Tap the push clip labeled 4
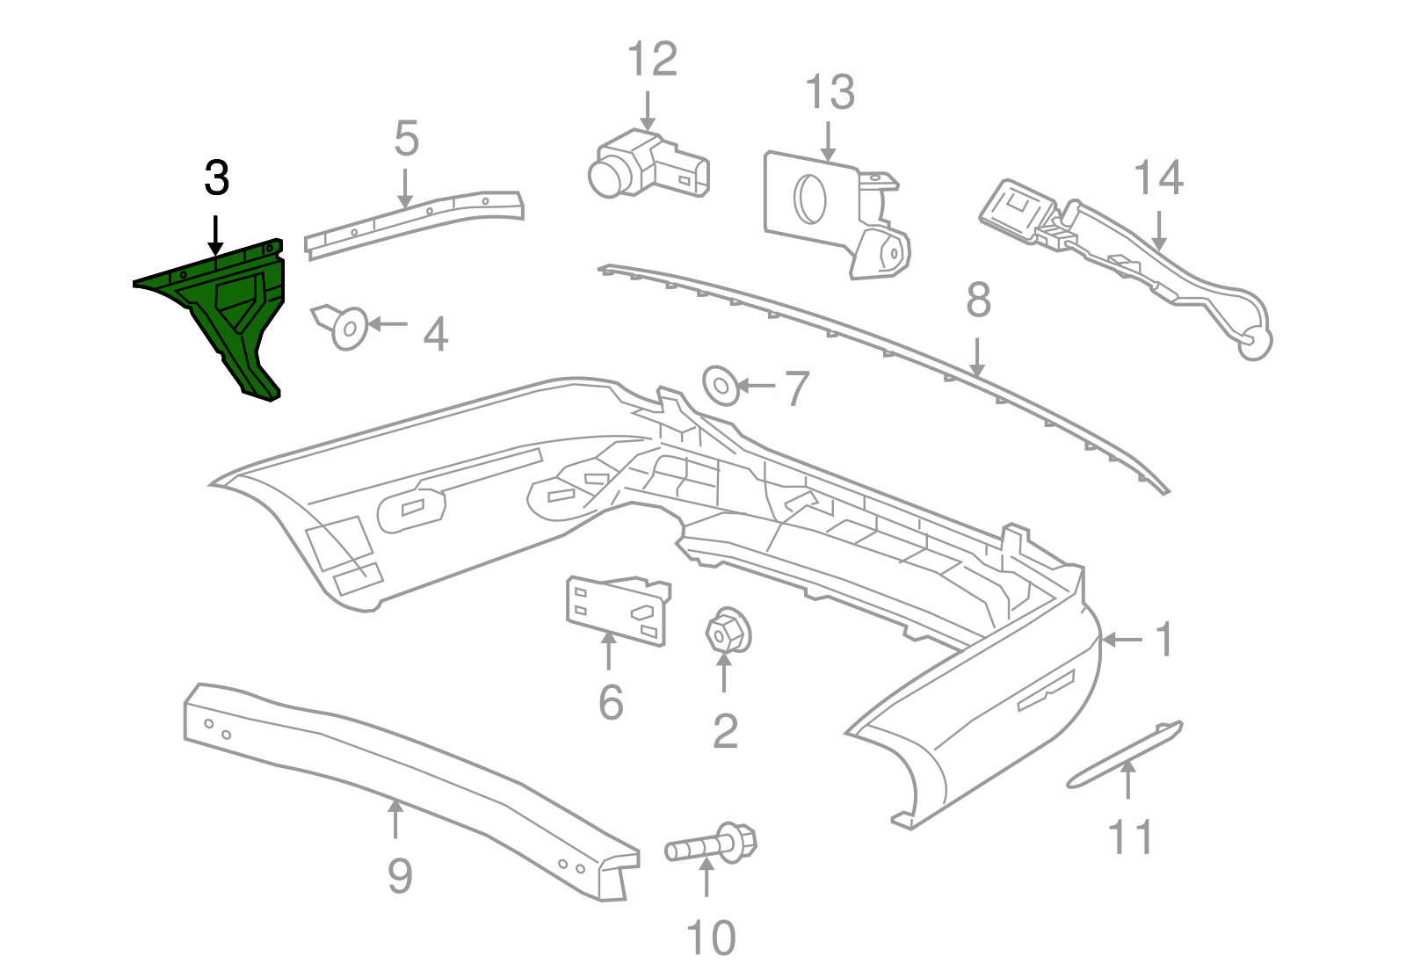click(x=345, y=327)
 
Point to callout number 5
click(x=406, y=139)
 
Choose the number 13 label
click(x=830, y=92)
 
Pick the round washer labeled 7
click(x=721, y=386)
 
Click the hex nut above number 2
click(x=726, y=631)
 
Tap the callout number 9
click(x=400, y=875)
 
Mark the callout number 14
click(x=1158, y=177)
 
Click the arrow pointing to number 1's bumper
click(x=1122, y=641)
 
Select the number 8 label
click(x=978, y=301)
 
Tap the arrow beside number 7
click(x=757, y=386)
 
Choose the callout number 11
click(x=1130, y=837)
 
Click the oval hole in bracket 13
click(x=808, y=199)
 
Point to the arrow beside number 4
click(x=388, y=324)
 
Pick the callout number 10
click(x=710, y=938)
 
